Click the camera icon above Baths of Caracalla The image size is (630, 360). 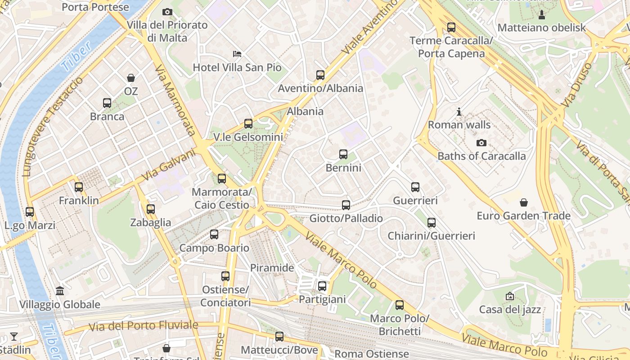[481, 143]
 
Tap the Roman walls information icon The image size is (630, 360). [459, 111]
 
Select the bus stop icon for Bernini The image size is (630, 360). [343, 154]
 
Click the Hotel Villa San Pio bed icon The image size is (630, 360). [237, 54]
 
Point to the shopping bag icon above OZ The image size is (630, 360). [130, 78]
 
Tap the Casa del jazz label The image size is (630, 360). [510, 310]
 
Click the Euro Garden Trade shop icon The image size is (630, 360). [523, 202]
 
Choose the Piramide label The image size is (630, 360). [272, 268]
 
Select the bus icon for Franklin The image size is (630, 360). [79, 187]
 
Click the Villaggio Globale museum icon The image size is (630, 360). [60, 291]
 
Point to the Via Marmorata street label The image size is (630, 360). [175, 100]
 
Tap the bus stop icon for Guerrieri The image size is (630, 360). [415, 187]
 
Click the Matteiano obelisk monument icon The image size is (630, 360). [542, 14]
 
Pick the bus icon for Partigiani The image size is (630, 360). [322, 286]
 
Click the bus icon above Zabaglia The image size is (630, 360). [151, 209]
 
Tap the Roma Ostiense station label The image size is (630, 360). [372, 354]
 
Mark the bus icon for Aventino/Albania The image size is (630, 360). [320, 75]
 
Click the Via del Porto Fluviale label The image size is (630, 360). [143, 325]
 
